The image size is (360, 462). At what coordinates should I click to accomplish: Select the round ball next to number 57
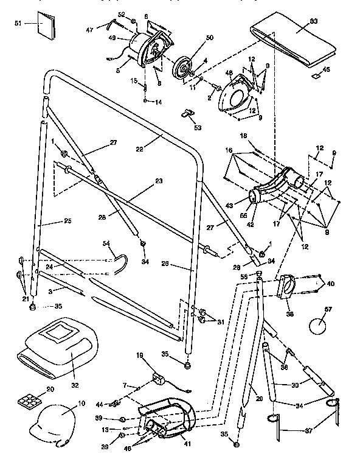coord(319,326)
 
